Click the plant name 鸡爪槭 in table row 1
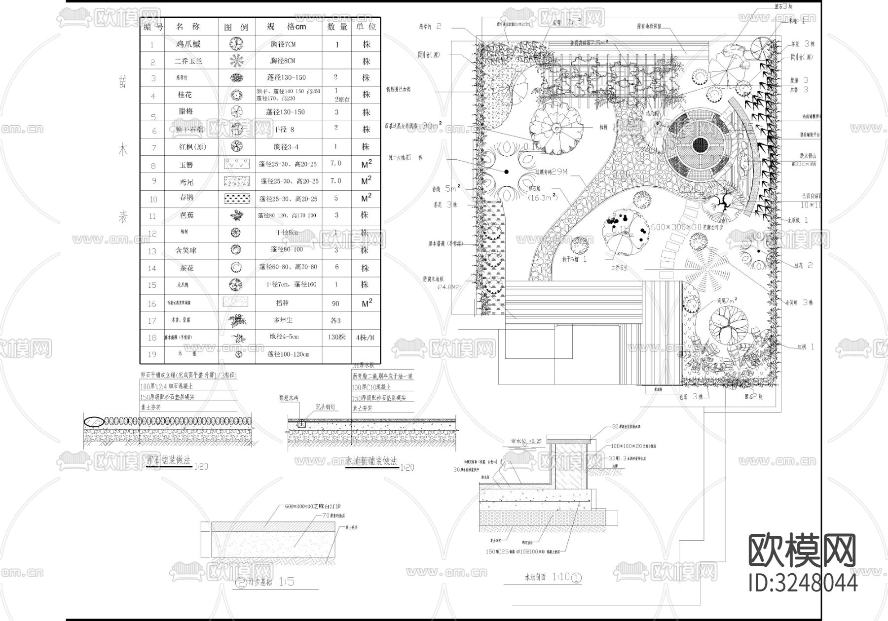tap(188, 44)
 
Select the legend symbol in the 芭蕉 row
tap(237, 215)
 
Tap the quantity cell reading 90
tap(335, 304)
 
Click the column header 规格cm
tap(287, 27)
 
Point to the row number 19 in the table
tap(152, 354)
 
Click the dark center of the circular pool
tap(700, 145)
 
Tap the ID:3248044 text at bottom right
tap(803, 582)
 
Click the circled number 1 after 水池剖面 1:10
tap(576, 577)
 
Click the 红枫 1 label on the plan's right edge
tap(805, 347)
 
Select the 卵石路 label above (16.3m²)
tap(535, 189)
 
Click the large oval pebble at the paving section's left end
tap(94, 421)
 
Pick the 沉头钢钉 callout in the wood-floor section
tap(326, 407)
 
